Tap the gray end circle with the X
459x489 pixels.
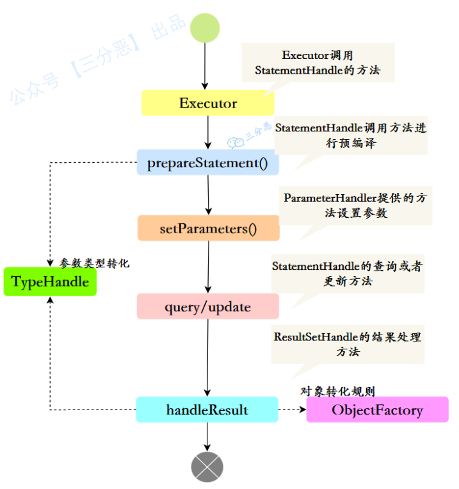[207, 467]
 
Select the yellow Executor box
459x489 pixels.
[207, 103]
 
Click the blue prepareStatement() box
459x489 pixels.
[207, 163]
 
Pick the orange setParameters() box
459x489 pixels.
[208, 228]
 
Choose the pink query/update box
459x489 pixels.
[207, 307]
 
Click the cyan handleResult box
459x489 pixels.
[207, 410]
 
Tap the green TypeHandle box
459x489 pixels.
[50, 282]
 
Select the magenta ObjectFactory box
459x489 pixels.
[377, 410]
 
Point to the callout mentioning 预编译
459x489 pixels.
[350, 135]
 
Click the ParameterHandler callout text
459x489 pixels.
[355, 205]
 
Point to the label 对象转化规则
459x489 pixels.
[337, 391]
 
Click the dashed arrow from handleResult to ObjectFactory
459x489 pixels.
[292, 410]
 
